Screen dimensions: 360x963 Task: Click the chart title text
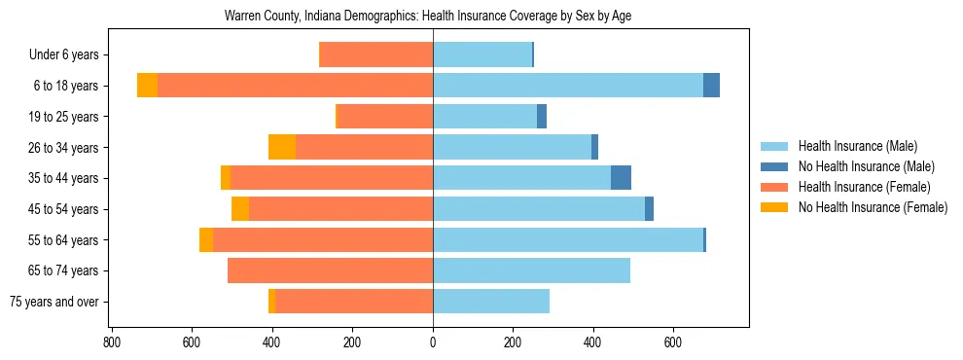click(429, 17)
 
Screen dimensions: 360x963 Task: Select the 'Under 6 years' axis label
click(69, 55)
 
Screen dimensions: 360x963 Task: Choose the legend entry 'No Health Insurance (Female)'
click(873, 207)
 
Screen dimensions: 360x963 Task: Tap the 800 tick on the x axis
click(112, 342)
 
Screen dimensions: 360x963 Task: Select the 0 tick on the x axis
click(433, 342)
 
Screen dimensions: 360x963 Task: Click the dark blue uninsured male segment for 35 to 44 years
click(621, 178)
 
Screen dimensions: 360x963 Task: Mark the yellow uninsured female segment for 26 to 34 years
click(282, 147)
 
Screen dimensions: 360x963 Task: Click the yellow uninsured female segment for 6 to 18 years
click(147, 86)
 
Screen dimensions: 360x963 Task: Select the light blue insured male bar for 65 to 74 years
click(531, 270)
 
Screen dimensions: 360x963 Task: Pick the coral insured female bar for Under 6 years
click(375, 55)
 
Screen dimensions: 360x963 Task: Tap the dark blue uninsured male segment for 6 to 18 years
click(711, 86)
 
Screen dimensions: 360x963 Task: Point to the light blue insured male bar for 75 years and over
click(491, 302)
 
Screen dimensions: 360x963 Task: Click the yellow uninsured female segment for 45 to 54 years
click(240, 209)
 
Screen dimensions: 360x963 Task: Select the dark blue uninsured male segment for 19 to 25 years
click(542, 117)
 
